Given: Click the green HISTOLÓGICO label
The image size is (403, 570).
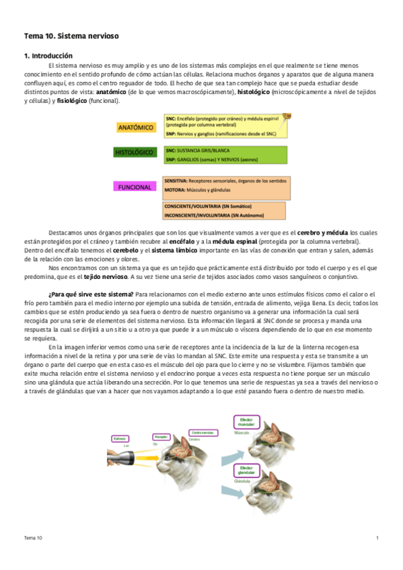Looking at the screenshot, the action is click(x=135, y=153).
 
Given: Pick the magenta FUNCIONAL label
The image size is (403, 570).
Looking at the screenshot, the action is click(x=135, y=187).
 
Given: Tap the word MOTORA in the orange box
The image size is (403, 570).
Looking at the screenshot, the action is click(x=175, y=190).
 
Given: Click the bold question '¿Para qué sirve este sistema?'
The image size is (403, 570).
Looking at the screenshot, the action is click(x=90, y=294).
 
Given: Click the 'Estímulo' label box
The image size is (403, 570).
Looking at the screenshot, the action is click(x=120, y=439).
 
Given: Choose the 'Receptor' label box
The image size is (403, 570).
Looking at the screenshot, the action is click(x=161, y=437).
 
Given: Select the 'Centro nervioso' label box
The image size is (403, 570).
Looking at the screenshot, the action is click(x=204, y=433).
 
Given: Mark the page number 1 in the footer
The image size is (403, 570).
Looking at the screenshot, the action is click(x=377, y=538).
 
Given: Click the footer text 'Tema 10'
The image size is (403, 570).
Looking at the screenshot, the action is click(x=33, y=538).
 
